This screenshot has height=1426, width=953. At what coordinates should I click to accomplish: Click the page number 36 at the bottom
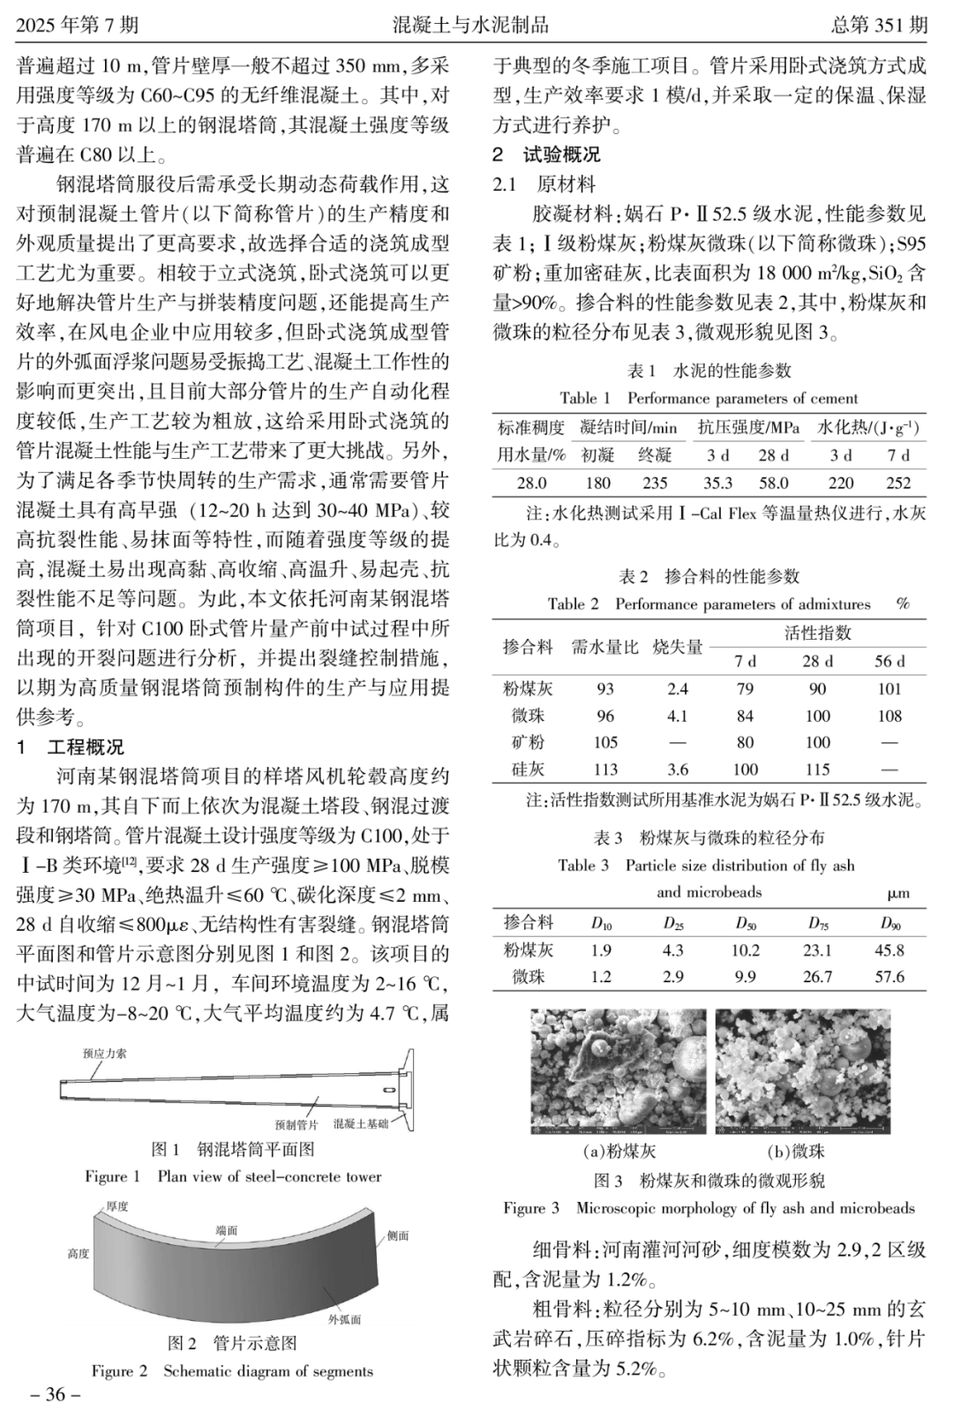pyautogui.click(x=56, y=1395)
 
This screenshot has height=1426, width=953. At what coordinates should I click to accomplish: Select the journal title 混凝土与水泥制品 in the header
pyautogui.click(x=471, y=24)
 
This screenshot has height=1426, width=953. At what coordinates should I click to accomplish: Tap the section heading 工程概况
pyautogui.click(x=86, y=748)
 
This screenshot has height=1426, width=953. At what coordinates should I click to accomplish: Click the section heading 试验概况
pyautogui.click(x=561, y=154)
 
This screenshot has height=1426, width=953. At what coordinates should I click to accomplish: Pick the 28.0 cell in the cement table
pyautogui.click(x=531, y=483)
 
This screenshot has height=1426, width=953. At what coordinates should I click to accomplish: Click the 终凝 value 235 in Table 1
pyautogui.click(x=655, y=483)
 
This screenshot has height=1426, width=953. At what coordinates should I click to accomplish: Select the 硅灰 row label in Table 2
pyautogui.click(x=529, y=769)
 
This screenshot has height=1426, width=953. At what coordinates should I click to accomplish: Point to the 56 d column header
pyautogui.click(x=889, y=661)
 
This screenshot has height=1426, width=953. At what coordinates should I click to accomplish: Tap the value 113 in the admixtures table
pyautogui.click(x=605, y=769)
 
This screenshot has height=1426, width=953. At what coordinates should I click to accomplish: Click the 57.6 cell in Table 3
pyautogui.click(x=889, y=977)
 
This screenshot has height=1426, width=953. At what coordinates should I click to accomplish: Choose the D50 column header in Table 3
pyautogui.click(x=746, y=924)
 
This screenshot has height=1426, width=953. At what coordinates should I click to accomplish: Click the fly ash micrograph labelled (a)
pyautogui.click(x=618, y=1071)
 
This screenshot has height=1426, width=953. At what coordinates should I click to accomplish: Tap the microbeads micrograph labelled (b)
pyautogui.click(x=803, y=1071)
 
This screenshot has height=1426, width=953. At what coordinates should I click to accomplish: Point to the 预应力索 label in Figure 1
pyautogui.click(x=104, y=1054)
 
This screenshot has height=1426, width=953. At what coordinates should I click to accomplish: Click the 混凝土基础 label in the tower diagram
pyautogui.click(x=361, y=1124)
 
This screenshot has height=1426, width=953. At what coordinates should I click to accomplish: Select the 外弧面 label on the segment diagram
pyautogui.click(x=344, y=1319)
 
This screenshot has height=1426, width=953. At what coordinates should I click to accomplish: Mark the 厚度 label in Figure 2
pyautogui.click(x=117, y=1206)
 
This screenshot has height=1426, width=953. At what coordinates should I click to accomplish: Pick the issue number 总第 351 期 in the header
pyautogui.click(x=879, y=24)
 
